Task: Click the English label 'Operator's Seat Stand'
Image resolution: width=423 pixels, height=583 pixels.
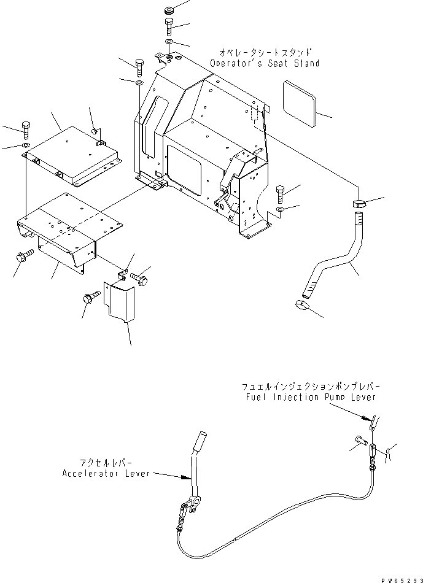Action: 264,63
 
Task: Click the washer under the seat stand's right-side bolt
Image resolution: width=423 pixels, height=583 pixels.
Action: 281,210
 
